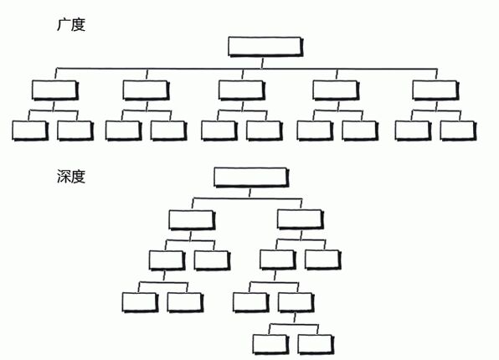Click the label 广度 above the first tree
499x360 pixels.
71,25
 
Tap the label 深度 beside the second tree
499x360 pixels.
71,177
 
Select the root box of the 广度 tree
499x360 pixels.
265,47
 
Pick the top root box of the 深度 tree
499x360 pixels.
251,177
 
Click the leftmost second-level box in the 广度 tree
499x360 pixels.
55,90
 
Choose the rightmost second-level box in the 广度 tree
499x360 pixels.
435,90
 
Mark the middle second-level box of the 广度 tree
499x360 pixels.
242,90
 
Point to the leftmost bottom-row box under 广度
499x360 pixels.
30,131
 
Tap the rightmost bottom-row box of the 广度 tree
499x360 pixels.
458,131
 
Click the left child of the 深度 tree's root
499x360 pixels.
192,219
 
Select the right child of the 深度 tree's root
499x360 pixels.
301,219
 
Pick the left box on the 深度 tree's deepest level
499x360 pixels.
271,344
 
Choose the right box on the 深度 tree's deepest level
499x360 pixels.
316,344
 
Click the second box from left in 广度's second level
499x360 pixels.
146,90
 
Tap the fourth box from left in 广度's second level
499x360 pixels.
336,90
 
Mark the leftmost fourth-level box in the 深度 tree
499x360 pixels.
141,302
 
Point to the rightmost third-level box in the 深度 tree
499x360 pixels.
323,260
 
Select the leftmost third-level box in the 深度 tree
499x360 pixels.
167,260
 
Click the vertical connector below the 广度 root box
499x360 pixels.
262,63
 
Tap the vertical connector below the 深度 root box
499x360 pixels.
249,193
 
